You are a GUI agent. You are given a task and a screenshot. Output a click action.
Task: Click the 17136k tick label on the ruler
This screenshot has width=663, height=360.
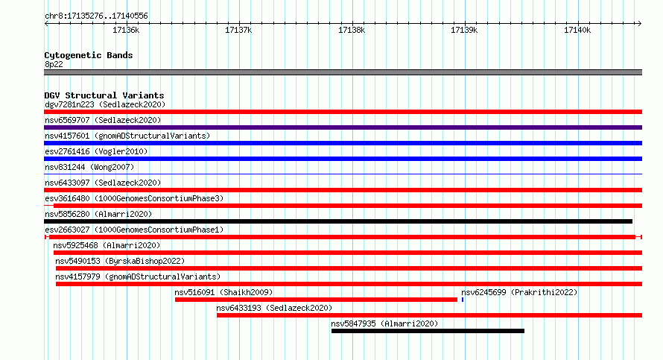click(126, 30)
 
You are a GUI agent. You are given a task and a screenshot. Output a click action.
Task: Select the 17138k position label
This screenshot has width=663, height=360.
click(352, 30)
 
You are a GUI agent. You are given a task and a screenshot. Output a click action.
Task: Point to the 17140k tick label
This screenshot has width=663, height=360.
click(577, 30)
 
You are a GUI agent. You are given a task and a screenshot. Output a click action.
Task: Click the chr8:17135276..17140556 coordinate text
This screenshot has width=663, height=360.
click(96, 16)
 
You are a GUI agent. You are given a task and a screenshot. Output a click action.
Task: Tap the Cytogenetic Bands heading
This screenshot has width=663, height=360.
click(89, 55)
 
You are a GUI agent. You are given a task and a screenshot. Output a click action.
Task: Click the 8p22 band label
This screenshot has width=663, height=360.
click(54, 64)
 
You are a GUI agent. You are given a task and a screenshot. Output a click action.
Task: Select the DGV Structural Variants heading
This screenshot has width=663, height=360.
click(104, 95)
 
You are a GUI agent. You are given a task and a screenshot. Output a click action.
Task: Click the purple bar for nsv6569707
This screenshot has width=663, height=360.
click(343, 127)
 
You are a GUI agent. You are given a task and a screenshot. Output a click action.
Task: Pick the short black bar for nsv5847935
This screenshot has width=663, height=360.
click(428, 331)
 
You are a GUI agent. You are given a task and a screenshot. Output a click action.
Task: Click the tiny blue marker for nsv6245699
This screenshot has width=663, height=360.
click(463, 300)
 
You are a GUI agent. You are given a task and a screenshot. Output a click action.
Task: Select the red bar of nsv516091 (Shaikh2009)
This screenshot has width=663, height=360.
click(317, 300)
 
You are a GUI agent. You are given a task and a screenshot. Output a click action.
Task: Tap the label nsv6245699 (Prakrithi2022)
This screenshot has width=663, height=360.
click(519, 292)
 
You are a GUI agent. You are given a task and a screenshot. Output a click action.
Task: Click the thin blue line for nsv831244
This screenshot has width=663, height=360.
click(343, 174)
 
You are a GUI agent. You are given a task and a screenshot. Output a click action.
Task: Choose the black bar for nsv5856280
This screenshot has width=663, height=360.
click(338, 221)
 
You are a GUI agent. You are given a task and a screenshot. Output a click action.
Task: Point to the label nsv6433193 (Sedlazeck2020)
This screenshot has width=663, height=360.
click(274, 308)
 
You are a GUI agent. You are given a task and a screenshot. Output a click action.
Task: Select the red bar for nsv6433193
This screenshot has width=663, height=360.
click(430, 315)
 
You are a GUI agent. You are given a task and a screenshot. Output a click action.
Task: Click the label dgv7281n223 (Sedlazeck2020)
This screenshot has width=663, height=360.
click(105, 104)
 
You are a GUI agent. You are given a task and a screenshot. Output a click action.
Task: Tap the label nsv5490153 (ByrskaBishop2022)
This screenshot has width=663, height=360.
click(120, 261)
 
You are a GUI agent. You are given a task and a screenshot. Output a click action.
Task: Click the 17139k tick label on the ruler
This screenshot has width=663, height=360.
click(464, 30)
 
